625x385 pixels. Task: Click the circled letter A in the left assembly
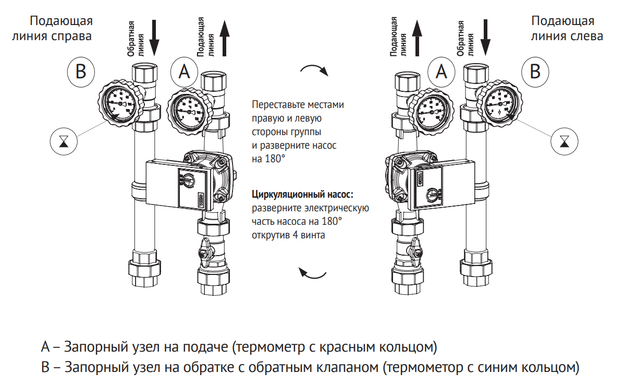pyautogui.click(x=184, y=71)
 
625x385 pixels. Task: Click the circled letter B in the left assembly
pyautogui.click(x=81, y=71)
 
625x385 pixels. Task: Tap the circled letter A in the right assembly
pyautogui.click(x=442, y=71)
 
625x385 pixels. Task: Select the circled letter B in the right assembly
pyautogui.click(x=535, y=71)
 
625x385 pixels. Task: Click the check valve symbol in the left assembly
pyautogui.click(x=64, y=141)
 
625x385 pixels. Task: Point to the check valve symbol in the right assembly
pyautogui.click(x=565, y=141)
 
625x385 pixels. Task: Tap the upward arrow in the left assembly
pyautogui.click(x=225, y=39)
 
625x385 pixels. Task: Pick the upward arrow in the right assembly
pyautogui.click(x=416, y=39)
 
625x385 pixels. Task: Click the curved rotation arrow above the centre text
pyautogui.click(x=314, y=70)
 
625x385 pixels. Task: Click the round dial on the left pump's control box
pyautogui.click(x=186, y=181)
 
